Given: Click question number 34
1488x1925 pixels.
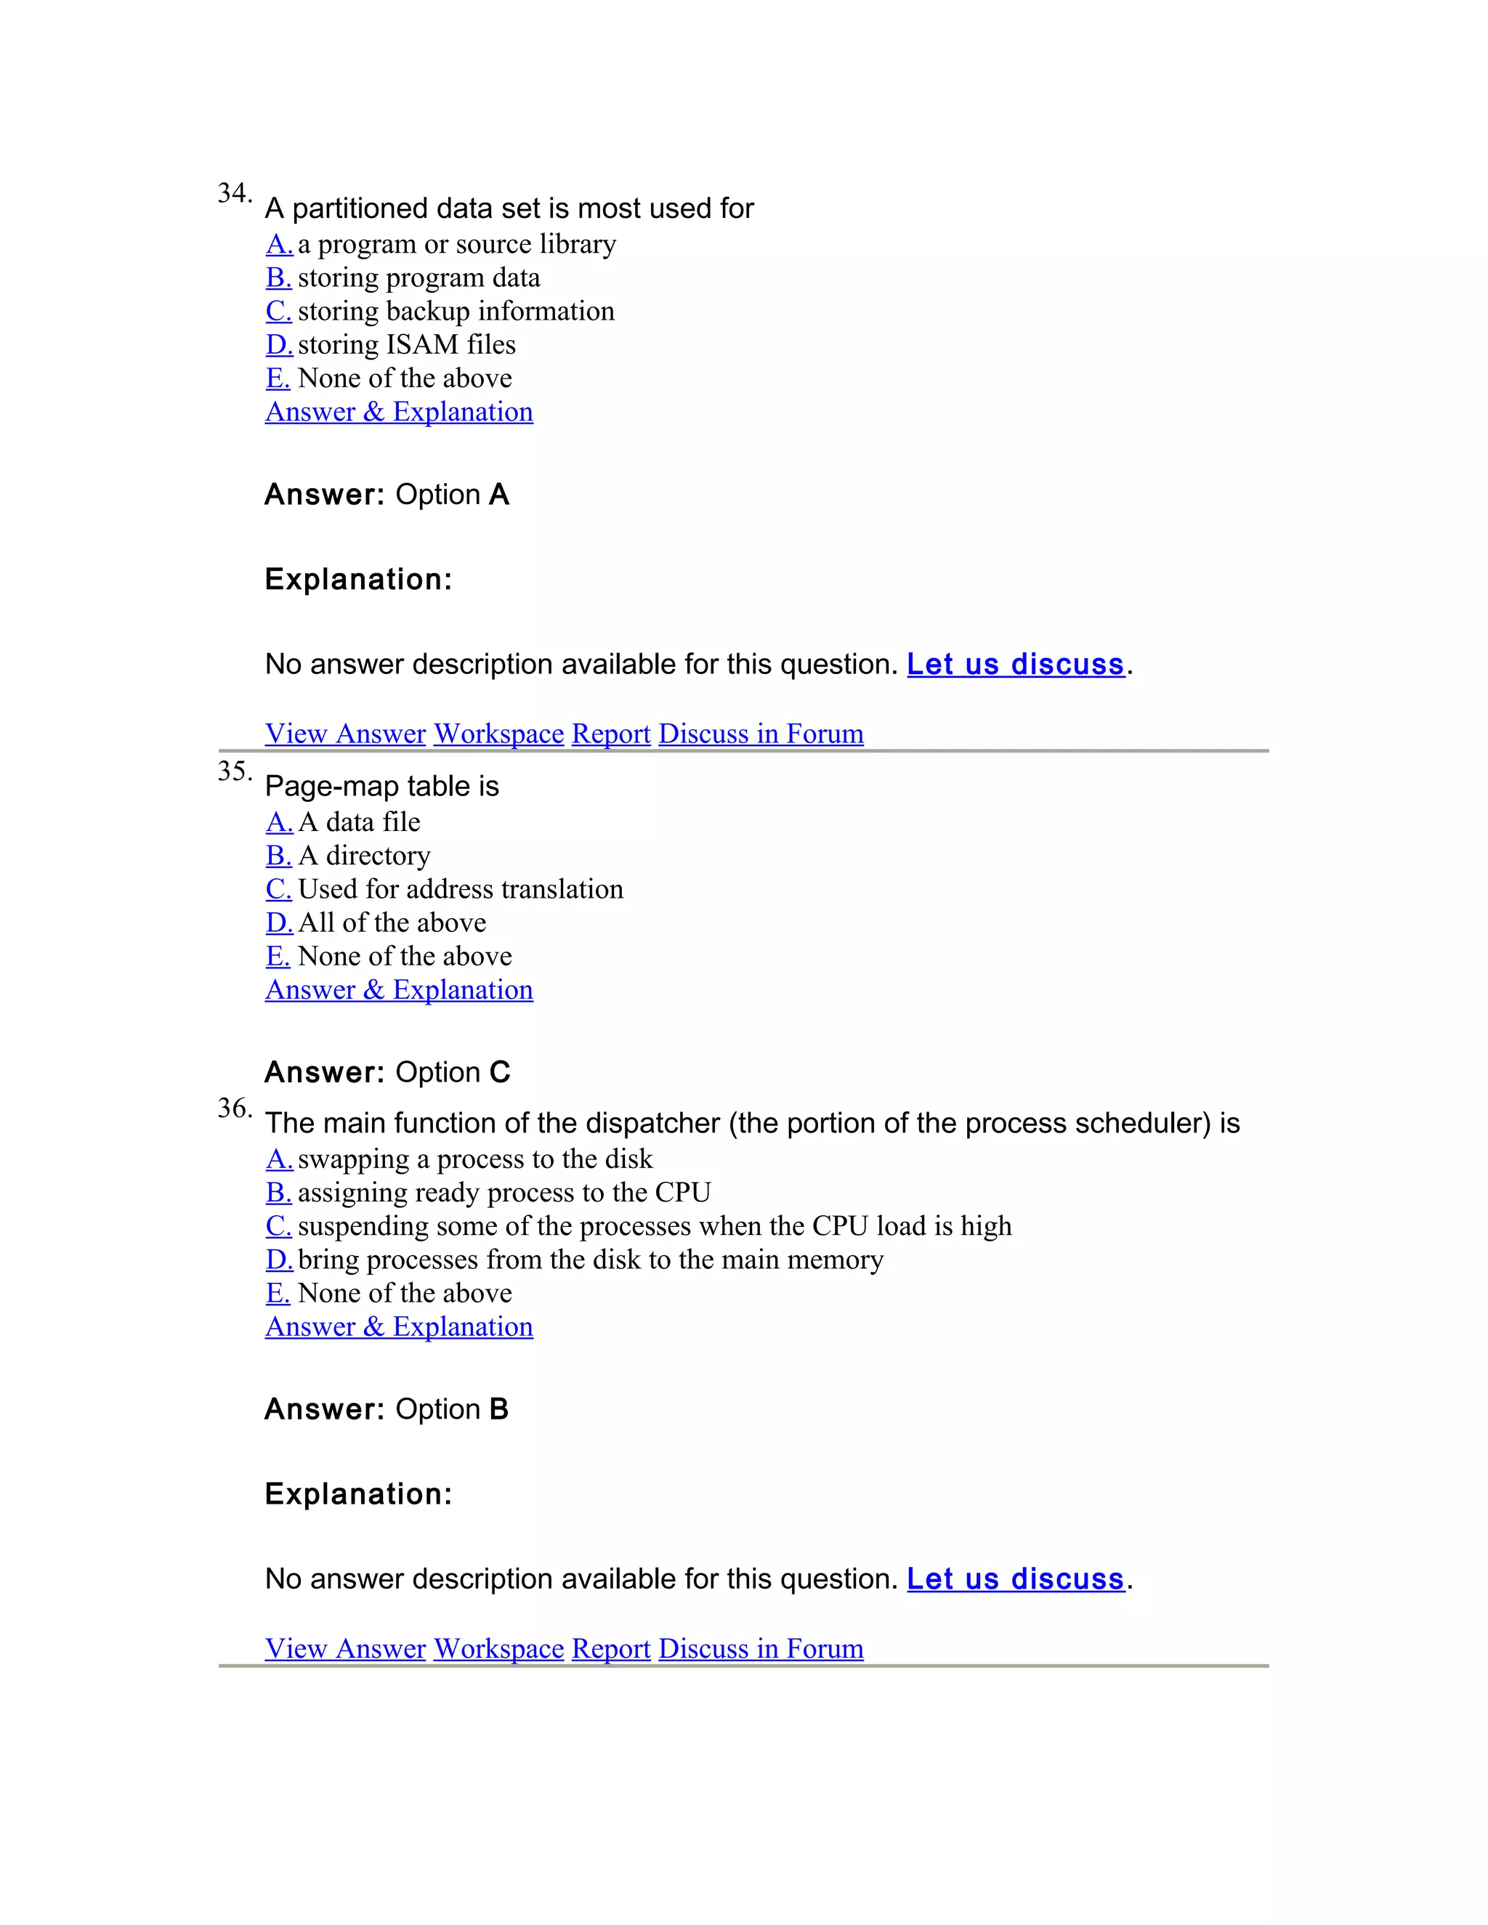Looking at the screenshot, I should coord(234,192).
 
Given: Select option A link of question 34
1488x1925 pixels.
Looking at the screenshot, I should coord(278,243).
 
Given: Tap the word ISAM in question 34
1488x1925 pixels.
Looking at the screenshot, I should coord(422,344).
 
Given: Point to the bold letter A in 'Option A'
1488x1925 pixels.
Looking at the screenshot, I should coord(499,495).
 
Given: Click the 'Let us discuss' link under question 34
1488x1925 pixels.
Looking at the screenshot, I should coord(1016,664).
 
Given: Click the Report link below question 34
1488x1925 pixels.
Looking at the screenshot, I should coord(611,734).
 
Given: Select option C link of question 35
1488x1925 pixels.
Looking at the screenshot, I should coord(278,888).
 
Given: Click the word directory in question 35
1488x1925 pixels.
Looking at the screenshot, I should coord(378,856).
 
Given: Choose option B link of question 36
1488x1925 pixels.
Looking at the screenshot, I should coord(278,1193).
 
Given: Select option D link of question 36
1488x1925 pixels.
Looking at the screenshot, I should coord(278,1260).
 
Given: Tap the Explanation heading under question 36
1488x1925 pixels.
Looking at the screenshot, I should coord(358,1494).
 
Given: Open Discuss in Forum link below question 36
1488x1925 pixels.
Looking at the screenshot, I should coord(761,1648).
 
